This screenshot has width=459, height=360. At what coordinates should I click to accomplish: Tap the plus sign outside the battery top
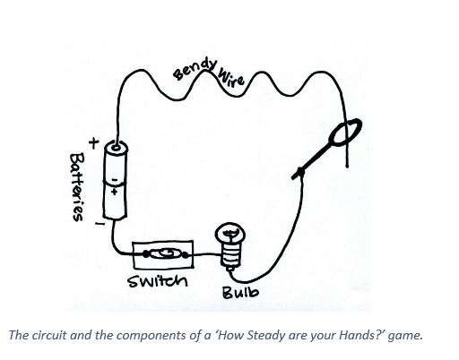tap(91, 141)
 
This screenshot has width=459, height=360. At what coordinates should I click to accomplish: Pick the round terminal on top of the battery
tap(115, 147)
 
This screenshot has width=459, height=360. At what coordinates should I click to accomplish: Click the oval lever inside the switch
tap(162, 254)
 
